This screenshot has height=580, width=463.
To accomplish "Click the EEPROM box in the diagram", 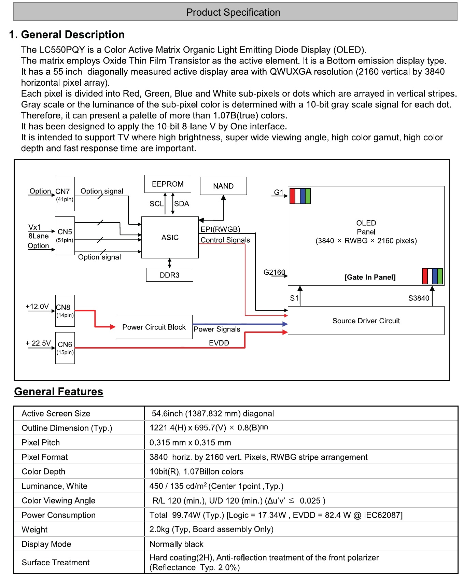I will [168, 184].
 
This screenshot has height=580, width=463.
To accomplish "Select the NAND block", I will [223, 186].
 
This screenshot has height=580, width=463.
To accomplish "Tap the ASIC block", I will [170, 238].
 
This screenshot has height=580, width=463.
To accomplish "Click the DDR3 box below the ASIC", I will [170, 275].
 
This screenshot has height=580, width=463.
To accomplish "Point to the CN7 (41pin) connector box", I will [65, 194].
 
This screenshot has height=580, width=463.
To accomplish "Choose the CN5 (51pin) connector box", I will [65, 236].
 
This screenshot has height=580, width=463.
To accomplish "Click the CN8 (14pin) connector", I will [65, 311].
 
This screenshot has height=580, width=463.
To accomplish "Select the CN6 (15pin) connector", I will [65, 348].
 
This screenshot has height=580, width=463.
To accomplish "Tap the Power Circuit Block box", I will [154, 327].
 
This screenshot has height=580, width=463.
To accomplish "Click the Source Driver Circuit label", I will [366, 321].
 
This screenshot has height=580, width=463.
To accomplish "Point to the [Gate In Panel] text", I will [370, 277].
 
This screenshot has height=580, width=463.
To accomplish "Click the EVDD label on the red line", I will [219, 343].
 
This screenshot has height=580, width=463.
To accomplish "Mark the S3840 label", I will [419, 298].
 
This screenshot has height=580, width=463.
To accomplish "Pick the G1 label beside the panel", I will [279, 192].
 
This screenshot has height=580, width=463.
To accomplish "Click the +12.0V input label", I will [37, 307].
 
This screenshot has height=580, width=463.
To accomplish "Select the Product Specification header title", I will [233, 12].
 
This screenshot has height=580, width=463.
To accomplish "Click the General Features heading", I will [59, 392].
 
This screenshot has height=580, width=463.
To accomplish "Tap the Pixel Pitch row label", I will [41, 443].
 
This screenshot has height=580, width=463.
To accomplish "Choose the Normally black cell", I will [177, 544].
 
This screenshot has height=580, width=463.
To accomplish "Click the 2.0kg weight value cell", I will [211, 529].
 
